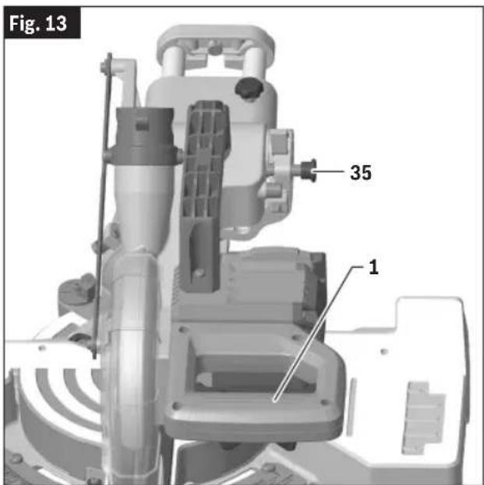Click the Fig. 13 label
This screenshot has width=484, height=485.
pyautogui.click(x=37, y=23)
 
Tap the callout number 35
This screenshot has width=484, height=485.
pyautogui.click(x=361, y=172)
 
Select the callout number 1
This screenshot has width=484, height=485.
pyautogui.click(x=374, y=267)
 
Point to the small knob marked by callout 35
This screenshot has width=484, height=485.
pyautogui.click(x=309, y=170)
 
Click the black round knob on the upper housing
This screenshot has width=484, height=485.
pyautogui.click(x=249, y=88)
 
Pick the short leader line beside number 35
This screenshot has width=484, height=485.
pyautogui.click(x=329, y=171)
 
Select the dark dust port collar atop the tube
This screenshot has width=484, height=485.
pyautogui.click(x=145, y=136)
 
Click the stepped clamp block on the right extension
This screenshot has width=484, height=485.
pyautogui.click(x=423, y=417)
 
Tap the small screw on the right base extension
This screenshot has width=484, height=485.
pyautogui.click(x=384, y=351)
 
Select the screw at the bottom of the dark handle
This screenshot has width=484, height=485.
pyautogui.click(x=200, y=273)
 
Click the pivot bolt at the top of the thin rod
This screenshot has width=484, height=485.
pyautogui.click(x=104, y=67)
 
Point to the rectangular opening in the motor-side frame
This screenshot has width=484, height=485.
pyautogui.click(x=254, y=373)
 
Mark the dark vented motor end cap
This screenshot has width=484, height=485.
pyautogui.click(x=313, y=290)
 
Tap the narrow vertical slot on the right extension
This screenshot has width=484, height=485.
pyautogui.click(x=352, y=406)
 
